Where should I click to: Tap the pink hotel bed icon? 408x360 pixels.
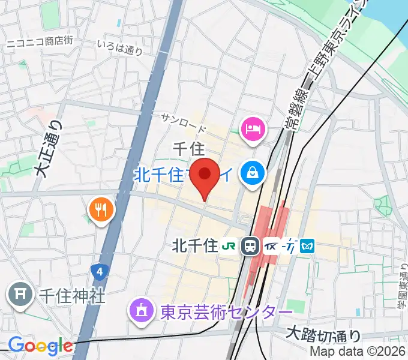pyautogui.click(x=253, y=128)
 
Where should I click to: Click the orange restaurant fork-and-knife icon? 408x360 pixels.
pyautogui.click(x=100, y=209)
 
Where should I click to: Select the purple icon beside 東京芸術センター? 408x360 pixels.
pyautogui.click(x=142, y=311)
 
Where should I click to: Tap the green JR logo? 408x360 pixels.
pyautogui.click(x=229, y=245)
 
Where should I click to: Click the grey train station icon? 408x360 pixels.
pyautogui.click(x=249, y=245)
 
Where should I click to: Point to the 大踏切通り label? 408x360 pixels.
pyautogui.click(x=323, y=332)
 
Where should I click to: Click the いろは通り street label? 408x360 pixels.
pyautogui.click(x=120, y=48)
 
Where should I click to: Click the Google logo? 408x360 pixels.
pyautogui.click(x=40, y=346)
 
